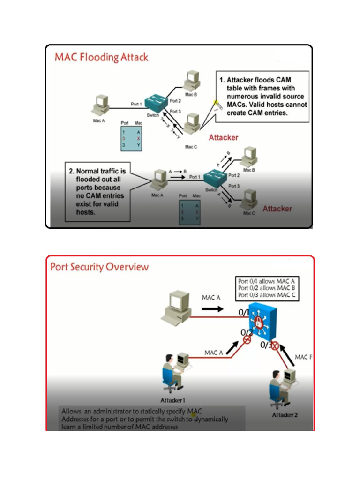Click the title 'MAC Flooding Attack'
coord(101,58)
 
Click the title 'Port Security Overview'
coord(99,267)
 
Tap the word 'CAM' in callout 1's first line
coord(284,80)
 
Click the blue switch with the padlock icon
coord(263,321)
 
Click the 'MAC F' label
coord(303,357)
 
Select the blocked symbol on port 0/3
coord(275,346)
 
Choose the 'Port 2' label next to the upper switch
coord(175,100)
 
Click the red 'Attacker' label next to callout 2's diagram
coord(277,209)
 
